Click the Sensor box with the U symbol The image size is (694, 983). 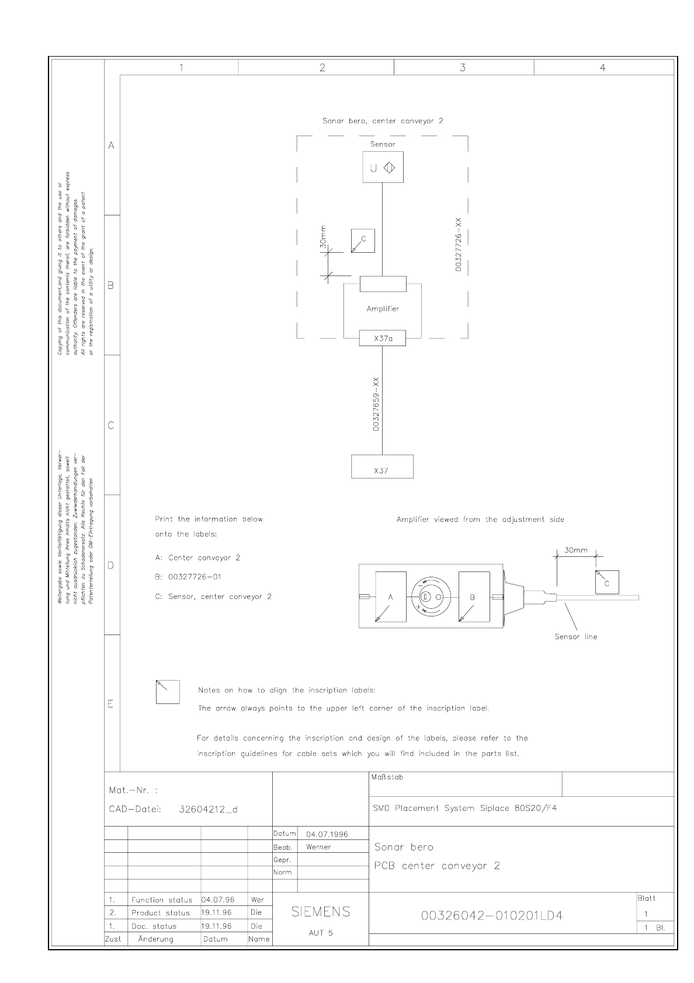(x=383, y=168)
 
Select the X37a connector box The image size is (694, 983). (x=382, y=338)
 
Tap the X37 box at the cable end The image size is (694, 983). (x=382, y=467)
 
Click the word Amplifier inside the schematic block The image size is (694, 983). (x=383, y=309)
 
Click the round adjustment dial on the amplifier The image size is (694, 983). (x=432, y=597)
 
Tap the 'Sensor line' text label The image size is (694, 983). (x=575, y=637)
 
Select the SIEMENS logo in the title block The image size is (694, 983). (x=321, y=912)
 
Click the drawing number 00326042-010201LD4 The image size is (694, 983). (x=492, y=915)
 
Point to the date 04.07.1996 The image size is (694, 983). (x=327, y=834)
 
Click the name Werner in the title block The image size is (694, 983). (x=318, y=847)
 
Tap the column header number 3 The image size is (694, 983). (x=463, y=68)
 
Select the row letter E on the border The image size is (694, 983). (x=110, y=704)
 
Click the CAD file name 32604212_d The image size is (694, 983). (x=208, y=809)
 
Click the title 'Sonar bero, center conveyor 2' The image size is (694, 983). (x=383, y=121)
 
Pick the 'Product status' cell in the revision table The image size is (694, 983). (x=161, y=913)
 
